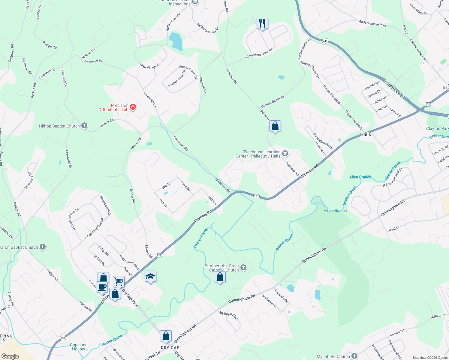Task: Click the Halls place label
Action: pyautogui.click(x=365, y=134)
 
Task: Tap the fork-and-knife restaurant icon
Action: pyautogui.click(x=262, y=23)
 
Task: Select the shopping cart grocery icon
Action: pyautogui.click(x=119, y=281)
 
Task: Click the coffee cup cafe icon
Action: pyautogui.click(x=102, y=286)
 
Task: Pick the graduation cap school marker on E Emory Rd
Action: pyautogui.click(x=150, y=276)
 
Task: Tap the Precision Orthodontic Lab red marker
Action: pyautogui.click(x=133, y=107)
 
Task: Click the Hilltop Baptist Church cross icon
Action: pyautogui.click(x=84, y=126)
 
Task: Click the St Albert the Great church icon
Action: pyautogui.click(x=243, y=267)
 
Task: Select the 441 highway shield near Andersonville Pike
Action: pyautogui.click(x=325, y=41)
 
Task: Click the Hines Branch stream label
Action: pyautogui.click(x=335, y=211)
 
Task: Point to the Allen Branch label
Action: pyautogui.click(x=360, y=177)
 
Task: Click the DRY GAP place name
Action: pyautogui.click(x=170, y=348)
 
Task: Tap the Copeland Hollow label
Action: pyautogui.click(x=79, y=347)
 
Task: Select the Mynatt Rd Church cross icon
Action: pyautogui.click(x=354, y=356)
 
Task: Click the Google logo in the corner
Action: pyautogui.click(x=10, y=356)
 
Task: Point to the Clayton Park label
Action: pyautogui.click(x=437, y=128)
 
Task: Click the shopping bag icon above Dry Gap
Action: pyautogui.click(x=166, y=336)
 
